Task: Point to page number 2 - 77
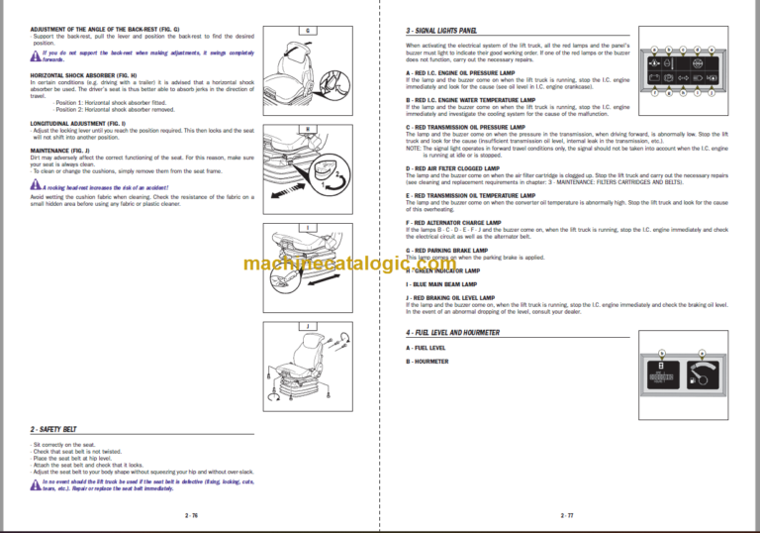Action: (567, 515)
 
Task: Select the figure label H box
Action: (308, 129)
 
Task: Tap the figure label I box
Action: (308, 227)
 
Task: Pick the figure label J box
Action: (308, 324)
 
